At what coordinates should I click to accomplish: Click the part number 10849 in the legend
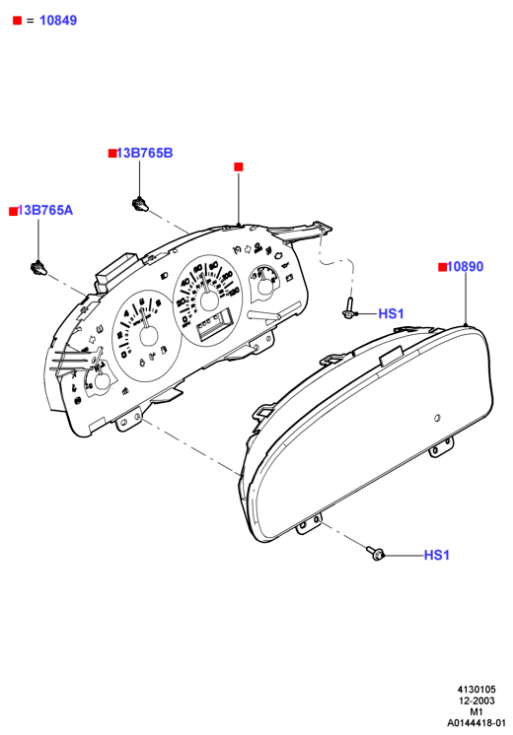click(x=58, y=20)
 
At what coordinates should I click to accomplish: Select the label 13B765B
click(x=145, y=153)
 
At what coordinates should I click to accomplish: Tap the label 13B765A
click(x=45, y=210)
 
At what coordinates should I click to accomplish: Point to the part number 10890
click(x=465, y=266)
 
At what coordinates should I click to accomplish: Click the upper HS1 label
click(x=391, y=313)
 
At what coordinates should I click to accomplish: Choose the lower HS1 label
click(x=436, y=555)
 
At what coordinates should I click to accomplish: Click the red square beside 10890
click(x=442, y=267)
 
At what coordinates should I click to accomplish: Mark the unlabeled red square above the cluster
click(x=239, y=167)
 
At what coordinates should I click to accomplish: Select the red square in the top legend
click(x=18, y=21)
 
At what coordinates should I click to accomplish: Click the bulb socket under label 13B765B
click(x=139, y=204)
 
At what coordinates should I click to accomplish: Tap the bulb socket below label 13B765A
click(x=38, y=268)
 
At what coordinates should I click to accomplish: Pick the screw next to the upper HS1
click(x=348, y=309)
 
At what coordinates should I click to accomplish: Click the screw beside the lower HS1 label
click(x=376, y=554)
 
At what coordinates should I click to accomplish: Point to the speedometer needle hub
click(x=209, y=301)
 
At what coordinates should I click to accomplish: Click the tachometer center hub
click(x=149, y=336)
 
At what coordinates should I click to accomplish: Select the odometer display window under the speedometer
click(x=214, y=323)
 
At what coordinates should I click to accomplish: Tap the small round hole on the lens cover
click(x=437, y=418)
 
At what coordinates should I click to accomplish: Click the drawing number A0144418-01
click(x=476, y=723)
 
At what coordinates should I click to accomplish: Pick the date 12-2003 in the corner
click(x=476, y=701)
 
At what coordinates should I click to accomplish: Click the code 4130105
click(x=476, y=690)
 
